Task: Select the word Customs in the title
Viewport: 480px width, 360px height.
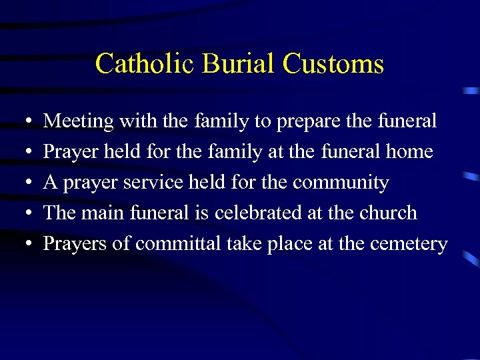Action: pyautogui.click(x=333, y=64)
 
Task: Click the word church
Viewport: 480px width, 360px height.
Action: pyautogui.click(x=387, y=213)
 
